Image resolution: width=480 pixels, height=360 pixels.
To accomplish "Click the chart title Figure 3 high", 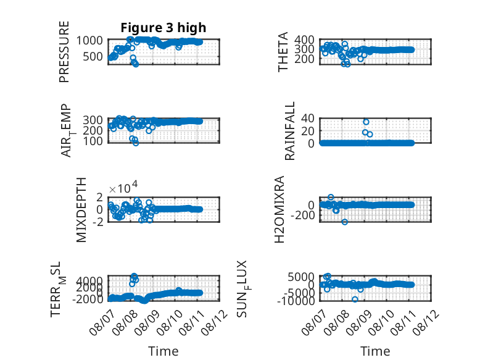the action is pos(163,28).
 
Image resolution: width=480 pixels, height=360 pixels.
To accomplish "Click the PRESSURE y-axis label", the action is pos(64,52).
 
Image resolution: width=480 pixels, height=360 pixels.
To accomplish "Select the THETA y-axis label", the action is pos(283,52).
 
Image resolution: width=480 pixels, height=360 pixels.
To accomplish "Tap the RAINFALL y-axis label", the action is pos(289,131).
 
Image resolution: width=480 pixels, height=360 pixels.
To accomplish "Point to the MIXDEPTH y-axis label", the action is pos(81,210).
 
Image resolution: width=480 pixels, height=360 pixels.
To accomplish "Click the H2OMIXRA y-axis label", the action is pos(279,209).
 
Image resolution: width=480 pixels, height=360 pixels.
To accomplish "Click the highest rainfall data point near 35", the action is pos(366,122).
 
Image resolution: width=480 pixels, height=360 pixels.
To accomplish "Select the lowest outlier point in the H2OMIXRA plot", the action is pos(345,222).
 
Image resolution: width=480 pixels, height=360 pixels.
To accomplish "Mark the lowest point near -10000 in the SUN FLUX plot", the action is pos(355,299).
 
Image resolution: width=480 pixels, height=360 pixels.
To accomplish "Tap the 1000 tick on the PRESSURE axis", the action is pos(89,40).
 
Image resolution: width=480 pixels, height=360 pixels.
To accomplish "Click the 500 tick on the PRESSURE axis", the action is pos(93,57).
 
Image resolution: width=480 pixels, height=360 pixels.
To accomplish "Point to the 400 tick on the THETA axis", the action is pos(304,40).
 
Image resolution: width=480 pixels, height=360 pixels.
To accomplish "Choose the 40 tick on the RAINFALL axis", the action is pos(308,118).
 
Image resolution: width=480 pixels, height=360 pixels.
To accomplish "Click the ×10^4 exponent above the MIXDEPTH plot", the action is pos(123,188).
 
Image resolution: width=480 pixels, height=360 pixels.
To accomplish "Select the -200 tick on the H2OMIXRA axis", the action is pos(302,216).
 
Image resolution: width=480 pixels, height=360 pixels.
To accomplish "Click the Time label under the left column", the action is pos(163,351).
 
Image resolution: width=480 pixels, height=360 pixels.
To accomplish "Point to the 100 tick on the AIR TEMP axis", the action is pos(93,141).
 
